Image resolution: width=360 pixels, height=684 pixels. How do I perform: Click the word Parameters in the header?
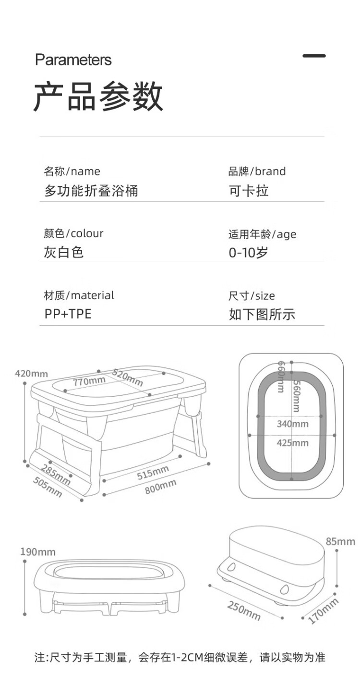[x=73, y=60]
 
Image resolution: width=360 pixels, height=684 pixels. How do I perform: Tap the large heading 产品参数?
[x=98, y=97]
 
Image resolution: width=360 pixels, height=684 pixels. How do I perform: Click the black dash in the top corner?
[x=314, y=56]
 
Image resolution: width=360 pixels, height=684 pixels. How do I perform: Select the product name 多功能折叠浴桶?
[x=91, y=191]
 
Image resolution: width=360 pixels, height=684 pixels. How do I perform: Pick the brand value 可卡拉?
[x=248, y=191]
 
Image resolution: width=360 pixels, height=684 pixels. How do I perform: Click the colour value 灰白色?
[x=64, y=252]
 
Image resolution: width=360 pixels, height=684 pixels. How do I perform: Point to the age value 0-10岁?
[x=248, y=252]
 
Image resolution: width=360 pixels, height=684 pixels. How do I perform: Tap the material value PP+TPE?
[x=68, y=314]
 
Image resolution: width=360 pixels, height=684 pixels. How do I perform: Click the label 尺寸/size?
[x=252, y=296]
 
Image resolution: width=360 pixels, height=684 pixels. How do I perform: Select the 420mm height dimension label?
[x=31, y=373]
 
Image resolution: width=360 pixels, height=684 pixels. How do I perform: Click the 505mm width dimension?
[x=48, y=487]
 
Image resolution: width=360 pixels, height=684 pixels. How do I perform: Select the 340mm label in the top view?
[x=292, y=424]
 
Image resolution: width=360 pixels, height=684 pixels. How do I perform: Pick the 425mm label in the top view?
[x=292, y=442]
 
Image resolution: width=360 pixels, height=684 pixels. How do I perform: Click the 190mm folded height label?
[x=37, y=552]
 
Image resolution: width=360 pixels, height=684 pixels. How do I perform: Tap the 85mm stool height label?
[x=340, y=542]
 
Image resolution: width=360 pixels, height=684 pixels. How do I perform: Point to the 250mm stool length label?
[x=243, y=611]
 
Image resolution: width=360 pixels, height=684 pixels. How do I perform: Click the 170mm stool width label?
[x=323, y=611]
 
